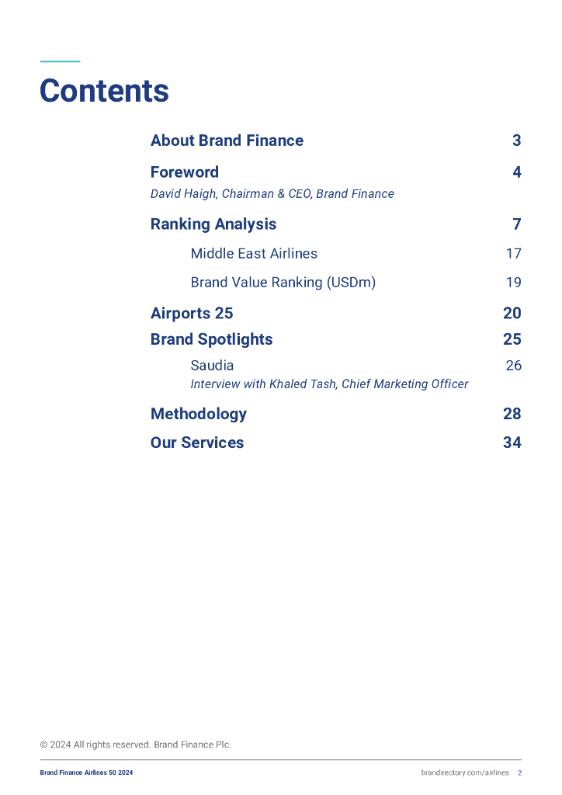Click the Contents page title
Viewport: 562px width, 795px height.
pyautogui.click(x=104, y=91)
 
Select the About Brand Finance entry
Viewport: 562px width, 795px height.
pyautogui.click(x=227, y=141)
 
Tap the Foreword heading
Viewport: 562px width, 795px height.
pyautogui.click(x=184, y=172)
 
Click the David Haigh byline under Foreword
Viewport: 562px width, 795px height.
pyautogui.click(x=272, y=194)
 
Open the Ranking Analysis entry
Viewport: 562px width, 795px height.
pyautogui.click(x=213, y=224)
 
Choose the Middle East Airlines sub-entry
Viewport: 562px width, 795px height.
pyautogui.click(x=254, y=254)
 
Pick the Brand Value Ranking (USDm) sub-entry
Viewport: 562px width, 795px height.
pyautogui.click(x=283, y=283)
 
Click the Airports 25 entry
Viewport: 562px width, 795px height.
pyautogui.click(x=191, y=314)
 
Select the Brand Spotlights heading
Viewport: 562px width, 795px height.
pyautogui.click(x=211, y=339)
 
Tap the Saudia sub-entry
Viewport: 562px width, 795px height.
pyautogui.click(x=212, y=366)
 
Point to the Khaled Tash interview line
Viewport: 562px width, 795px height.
pyautogui.click(x=329, y=384)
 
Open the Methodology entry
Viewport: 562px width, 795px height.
pyautogui.click(x=198, y=414)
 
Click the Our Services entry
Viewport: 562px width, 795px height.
pyautogui.click(x=196, y=443)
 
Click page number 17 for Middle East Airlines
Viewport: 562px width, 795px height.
pyautogui.click(x=513, y=254)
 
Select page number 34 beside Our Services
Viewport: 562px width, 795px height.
pyautogui.click(x=512, y=443)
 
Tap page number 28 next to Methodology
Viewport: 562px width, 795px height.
pyautogui.click(x=512, y=414)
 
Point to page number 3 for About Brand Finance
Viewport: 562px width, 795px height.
pyautogui.click(x=516, y=141)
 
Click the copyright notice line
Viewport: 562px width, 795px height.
pyautogui.click(x=135, y=745)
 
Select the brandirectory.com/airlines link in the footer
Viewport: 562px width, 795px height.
pyautogui.click(x=465, y=772)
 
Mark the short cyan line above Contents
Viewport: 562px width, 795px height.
pyautogui.click(x=60, y=61)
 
